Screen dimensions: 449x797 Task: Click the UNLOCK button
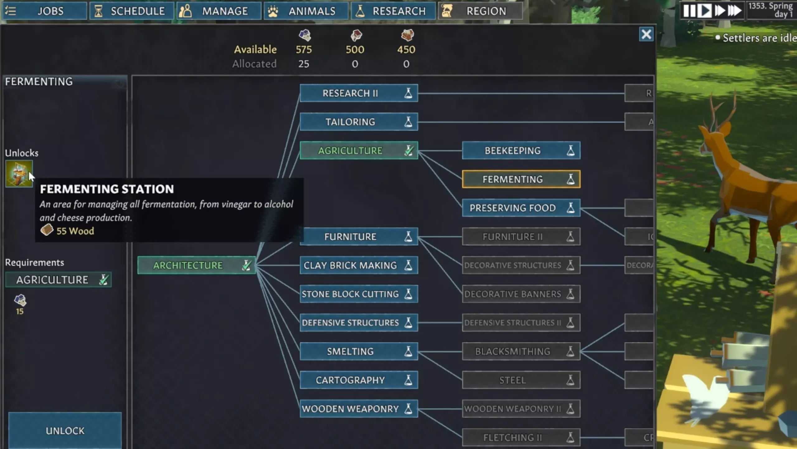65,431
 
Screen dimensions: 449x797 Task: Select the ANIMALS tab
306,11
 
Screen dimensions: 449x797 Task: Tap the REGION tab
480,11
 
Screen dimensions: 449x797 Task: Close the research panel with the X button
646,34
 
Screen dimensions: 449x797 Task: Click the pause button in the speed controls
689,11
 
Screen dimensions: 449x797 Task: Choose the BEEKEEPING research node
521,151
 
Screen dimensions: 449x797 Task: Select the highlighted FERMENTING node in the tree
521,179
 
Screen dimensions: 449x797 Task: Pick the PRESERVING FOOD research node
521,208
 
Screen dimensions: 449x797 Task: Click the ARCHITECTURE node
196,265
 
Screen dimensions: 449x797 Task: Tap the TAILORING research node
359,122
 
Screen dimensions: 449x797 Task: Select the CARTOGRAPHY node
359,380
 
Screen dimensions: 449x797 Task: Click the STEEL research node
521,380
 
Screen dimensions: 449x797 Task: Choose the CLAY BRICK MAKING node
359,265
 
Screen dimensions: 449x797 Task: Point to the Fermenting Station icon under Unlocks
19,174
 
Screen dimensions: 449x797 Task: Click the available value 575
304,50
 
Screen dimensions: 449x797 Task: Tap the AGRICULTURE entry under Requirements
58,280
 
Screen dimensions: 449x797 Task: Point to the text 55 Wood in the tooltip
75,231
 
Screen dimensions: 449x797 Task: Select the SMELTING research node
359,351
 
